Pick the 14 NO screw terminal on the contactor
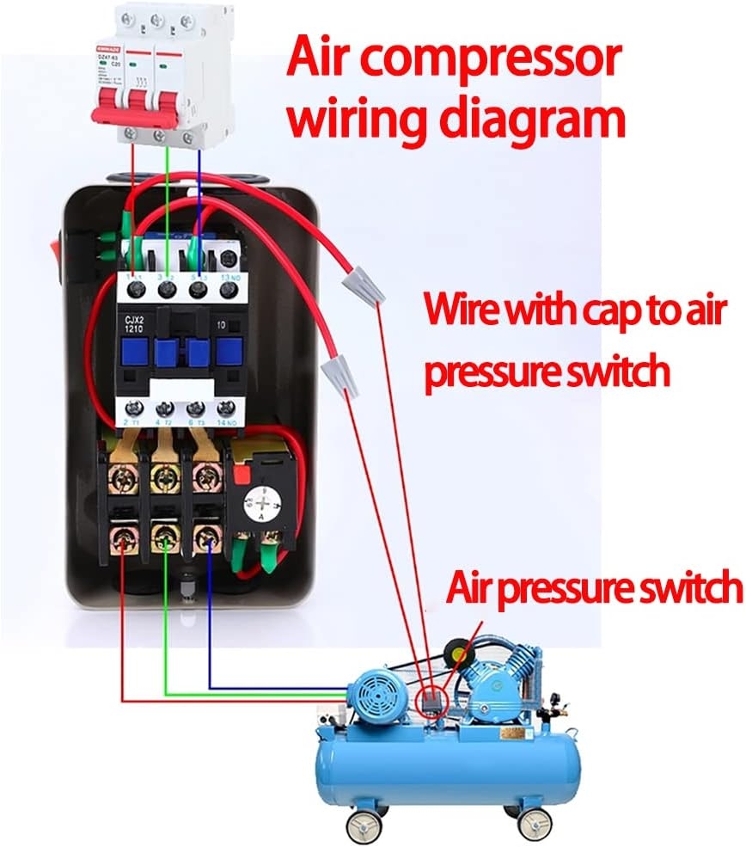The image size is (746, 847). [x=227, y=408]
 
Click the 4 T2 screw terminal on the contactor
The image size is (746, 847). [x=166, y=408]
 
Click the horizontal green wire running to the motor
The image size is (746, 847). [x=258, y=693]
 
